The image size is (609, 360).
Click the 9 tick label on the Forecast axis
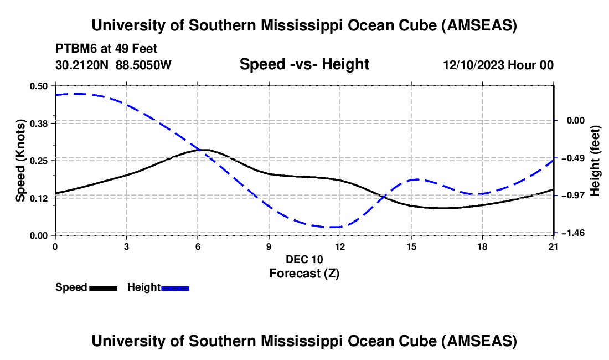click(269, 245)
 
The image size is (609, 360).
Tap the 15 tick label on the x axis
click(411, 245)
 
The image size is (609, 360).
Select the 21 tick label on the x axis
click(554, 245)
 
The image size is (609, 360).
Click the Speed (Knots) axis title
click(20, 161)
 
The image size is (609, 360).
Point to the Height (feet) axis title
click(596, 161)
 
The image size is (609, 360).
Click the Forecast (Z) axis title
click(304, 273)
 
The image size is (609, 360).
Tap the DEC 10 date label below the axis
click(304, 259)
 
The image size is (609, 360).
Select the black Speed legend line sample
click(103, 288)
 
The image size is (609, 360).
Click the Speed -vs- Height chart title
click(304, 64)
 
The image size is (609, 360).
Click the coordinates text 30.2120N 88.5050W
click(113, 65)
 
